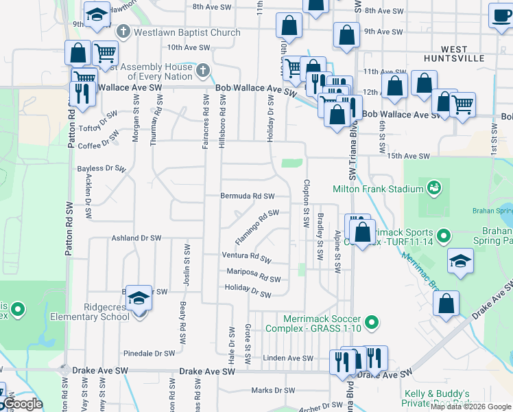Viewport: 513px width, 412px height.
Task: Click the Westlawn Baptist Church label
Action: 187,32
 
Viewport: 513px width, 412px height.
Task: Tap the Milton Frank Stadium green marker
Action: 433,187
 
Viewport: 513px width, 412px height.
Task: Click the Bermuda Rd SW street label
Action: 247,196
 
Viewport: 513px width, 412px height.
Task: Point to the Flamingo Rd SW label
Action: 257,226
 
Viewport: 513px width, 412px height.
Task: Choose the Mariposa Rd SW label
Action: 254,275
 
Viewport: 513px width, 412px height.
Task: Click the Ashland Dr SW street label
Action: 136,238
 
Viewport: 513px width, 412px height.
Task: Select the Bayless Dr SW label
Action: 102,168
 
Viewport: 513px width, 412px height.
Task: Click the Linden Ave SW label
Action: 288,358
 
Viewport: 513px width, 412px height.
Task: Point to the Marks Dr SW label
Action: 272,391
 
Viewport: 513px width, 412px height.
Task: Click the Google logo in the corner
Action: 23,404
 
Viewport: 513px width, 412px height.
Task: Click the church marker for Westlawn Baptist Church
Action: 123,31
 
